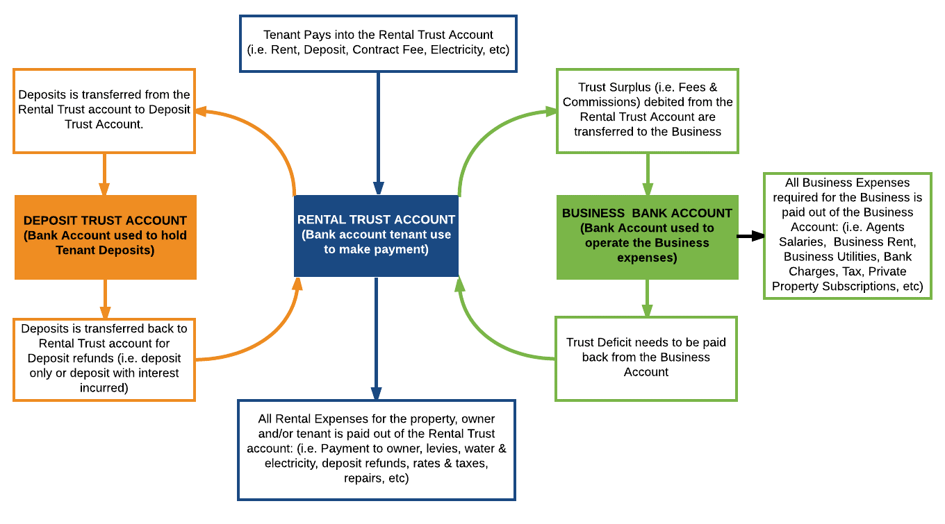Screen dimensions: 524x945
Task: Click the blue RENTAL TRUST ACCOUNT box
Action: click(x=376, y=235)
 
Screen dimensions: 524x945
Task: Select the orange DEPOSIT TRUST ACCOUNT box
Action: click(x=105, y=237)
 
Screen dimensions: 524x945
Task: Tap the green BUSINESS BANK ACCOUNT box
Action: click(x=647, y=237)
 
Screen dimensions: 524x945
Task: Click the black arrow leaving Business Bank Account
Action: click(x=750, y=237)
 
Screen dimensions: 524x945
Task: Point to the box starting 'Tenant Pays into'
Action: click(x=378, y=42)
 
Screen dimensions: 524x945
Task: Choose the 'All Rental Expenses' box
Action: click(x=376, y=449)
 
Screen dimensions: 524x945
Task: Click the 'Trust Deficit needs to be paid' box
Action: click(x=646, y=358)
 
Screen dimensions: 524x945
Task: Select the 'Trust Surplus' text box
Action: click(x=647, y=110)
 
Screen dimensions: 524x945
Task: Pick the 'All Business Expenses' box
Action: click(x=847, y=236)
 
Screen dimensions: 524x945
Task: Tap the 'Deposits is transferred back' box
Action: click(x=104, y=359)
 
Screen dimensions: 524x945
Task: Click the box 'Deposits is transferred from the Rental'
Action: click(x=104, y=110)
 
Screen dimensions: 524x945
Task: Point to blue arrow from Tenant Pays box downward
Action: click(x=378, y=132)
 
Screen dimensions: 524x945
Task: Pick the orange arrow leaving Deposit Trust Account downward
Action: click(x=104, y=298)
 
